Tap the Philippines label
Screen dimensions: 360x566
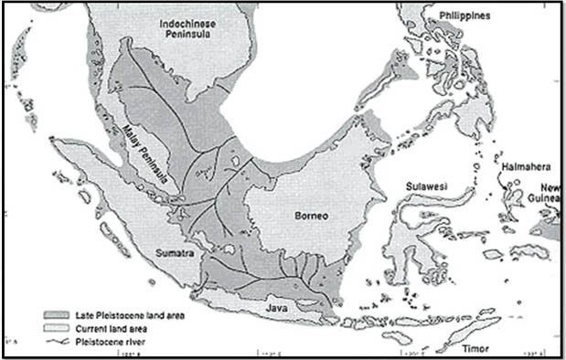pos(464,16)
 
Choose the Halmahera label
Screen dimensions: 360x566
pos(525,165)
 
